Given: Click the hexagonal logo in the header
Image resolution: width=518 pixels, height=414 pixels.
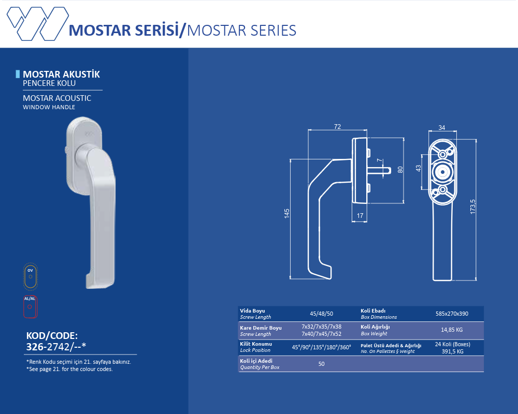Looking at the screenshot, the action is tap(38, 23).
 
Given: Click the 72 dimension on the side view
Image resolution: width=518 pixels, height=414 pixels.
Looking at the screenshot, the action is tap(337, 126).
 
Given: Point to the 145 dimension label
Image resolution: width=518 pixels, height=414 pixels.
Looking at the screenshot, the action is tap(286, 213).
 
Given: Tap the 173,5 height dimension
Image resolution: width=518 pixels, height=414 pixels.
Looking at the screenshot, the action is tap(473, 206).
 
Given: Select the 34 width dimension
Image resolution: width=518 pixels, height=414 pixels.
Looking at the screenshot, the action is tap(442, 127).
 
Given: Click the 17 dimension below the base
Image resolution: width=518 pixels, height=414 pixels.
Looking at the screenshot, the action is tap(360, 216).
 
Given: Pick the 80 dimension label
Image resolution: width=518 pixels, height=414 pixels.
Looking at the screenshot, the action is tap(400, 170).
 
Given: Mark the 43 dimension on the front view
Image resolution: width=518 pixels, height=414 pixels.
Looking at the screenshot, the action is tap(419, 168).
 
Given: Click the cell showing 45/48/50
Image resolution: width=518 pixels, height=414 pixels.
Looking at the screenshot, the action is tap(322, 314).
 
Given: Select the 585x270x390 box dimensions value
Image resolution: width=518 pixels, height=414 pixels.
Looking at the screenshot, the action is tap(452, 314).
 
